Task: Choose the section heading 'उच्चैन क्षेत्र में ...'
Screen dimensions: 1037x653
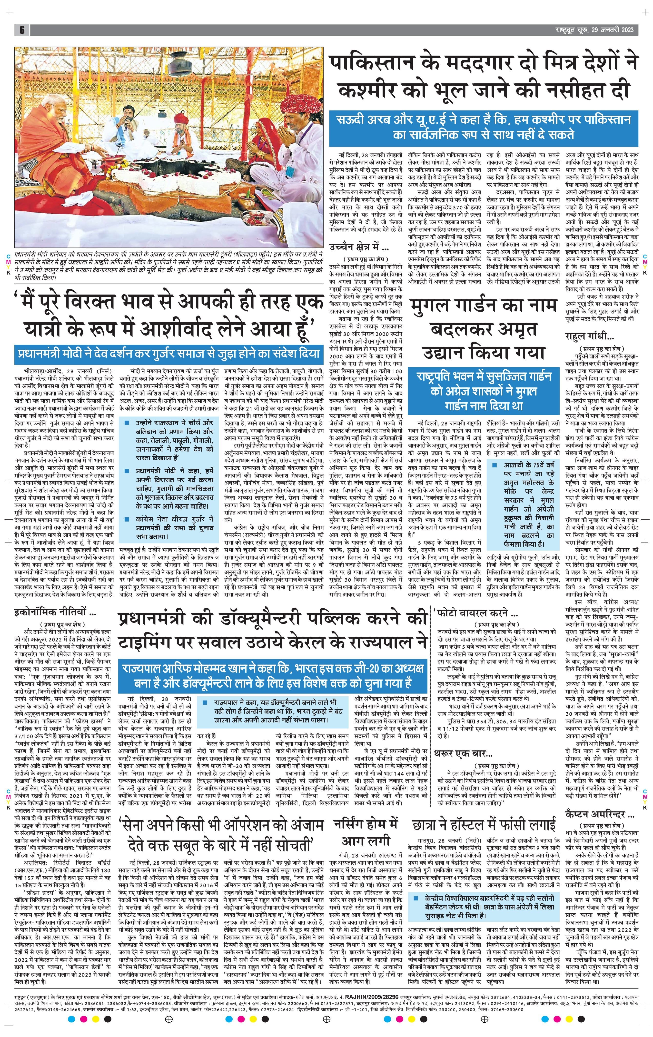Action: (x=358, y=247)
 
